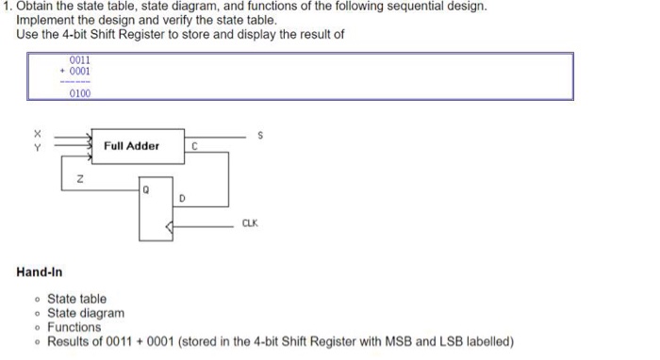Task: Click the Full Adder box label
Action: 131,146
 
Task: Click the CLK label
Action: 250,223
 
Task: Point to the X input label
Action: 37,133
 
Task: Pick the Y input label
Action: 37,146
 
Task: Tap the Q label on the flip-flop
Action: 147,189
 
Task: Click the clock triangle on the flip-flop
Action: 169,226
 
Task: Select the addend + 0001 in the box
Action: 75,72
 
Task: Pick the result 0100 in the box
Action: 79,92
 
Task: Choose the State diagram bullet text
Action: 85,313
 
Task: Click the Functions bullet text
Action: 74,327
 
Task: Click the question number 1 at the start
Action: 6,7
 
